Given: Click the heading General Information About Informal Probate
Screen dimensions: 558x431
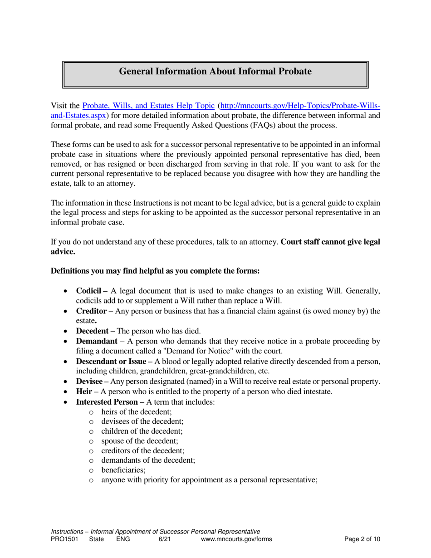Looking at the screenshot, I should point(215,71).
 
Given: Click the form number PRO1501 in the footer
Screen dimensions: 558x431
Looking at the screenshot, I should point(64,539).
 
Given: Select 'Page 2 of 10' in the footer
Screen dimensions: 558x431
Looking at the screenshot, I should point(362,539).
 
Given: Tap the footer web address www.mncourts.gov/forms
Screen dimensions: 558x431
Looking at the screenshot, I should point(236,539).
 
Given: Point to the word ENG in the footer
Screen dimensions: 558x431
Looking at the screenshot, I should point(123,539).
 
